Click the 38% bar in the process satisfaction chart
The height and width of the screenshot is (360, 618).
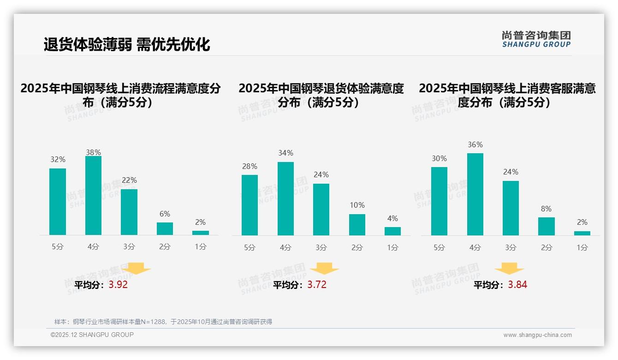(x=93, y=196)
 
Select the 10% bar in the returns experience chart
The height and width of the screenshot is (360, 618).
(x=357, y=225)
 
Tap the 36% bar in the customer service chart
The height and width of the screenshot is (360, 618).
(x=475, y=194)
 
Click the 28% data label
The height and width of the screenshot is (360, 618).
(x=250, y=166)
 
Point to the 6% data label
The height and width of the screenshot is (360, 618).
(x=165, y=214)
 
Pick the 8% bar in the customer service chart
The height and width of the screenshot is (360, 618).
(x=546, y=227)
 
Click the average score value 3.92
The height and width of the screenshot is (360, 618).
(x=118, y=285)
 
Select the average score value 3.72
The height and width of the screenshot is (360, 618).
(x=317, y=285)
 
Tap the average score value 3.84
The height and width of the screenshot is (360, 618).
(x=517, y=285)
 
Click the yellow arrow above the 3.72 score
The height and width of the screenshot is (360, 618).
(x=324, y=269)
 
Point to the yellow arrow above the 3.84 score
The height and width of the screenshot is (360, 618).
(x=509, y=269)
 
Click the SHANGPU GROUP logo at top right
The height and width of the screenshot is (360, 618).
(x=536, y=39)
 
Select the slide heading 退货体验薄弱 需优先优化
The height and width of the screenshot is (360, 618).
(x=127, y=44)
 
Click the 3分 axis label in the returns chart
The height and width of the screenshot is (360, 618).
(x=321, y=248)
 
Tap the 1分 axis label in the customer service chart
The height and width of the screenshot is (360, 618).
(x=582, y=248)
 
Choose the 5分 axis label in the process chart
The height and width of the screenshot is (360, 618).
(x=58, y=247)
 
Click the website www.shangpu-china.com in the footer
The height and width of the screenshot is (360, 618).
(x=537, y=335)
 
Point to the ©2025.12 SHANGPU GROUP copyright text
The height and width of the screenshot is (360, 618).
(x=92, y=335)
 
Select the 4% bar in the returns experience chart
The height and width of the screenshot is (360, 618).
(x=392, y=231)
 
